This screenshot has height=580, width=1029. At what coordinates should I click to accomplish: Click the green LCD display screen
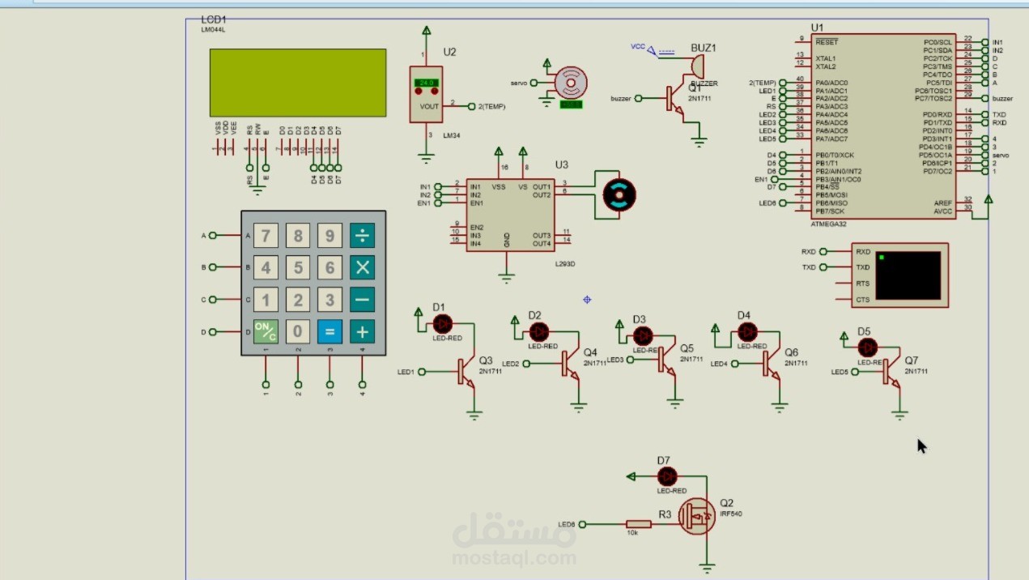pyautogui.click(x=298, y=83)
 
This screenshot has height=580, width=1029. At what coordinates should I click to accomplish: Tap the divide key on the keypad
pyautogui.click(x=362, y=236)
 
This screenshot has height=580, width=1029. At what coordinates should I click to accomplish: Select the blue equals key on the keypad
pyautogui.click(x=330, y=331)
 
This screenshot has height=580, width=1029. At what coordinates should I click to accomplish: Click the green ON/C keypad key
pyautogui.click(x=266, y=331)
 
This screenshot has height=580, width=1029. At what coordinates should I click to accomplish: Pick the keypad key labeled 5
pyautogui.click(x=298, y=267)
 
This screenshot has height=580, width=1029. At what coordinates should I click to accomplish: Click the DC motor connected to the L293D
pyautogui.click(x=619, y=195)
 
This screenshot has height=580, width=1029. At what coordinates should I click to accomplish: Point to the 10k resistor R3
pyautogui.click(x=638, y=524)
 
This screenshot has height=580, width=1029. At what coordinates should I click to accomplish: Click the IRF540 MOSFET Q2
pyautogui.click(x=697, y=516)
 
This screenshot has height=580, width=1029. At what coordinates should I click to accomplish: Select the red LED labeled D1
pyautogui.click(x=443, y=323)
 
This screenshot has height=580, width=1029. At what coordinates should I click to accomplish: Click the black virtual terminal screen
pyautogui.click(x=908, y=275)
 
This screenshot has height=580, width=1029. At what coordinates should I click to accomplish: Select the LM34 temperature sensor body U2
pyautogui.click(x=426, y=93)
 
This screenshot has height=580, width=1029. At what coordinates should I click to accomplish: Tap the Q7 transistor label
pyautogui.click(x=912, y=360)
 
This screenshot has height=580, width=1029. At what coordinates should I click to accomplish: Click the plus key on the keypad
pyautogui.click(x=362, y=331)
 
